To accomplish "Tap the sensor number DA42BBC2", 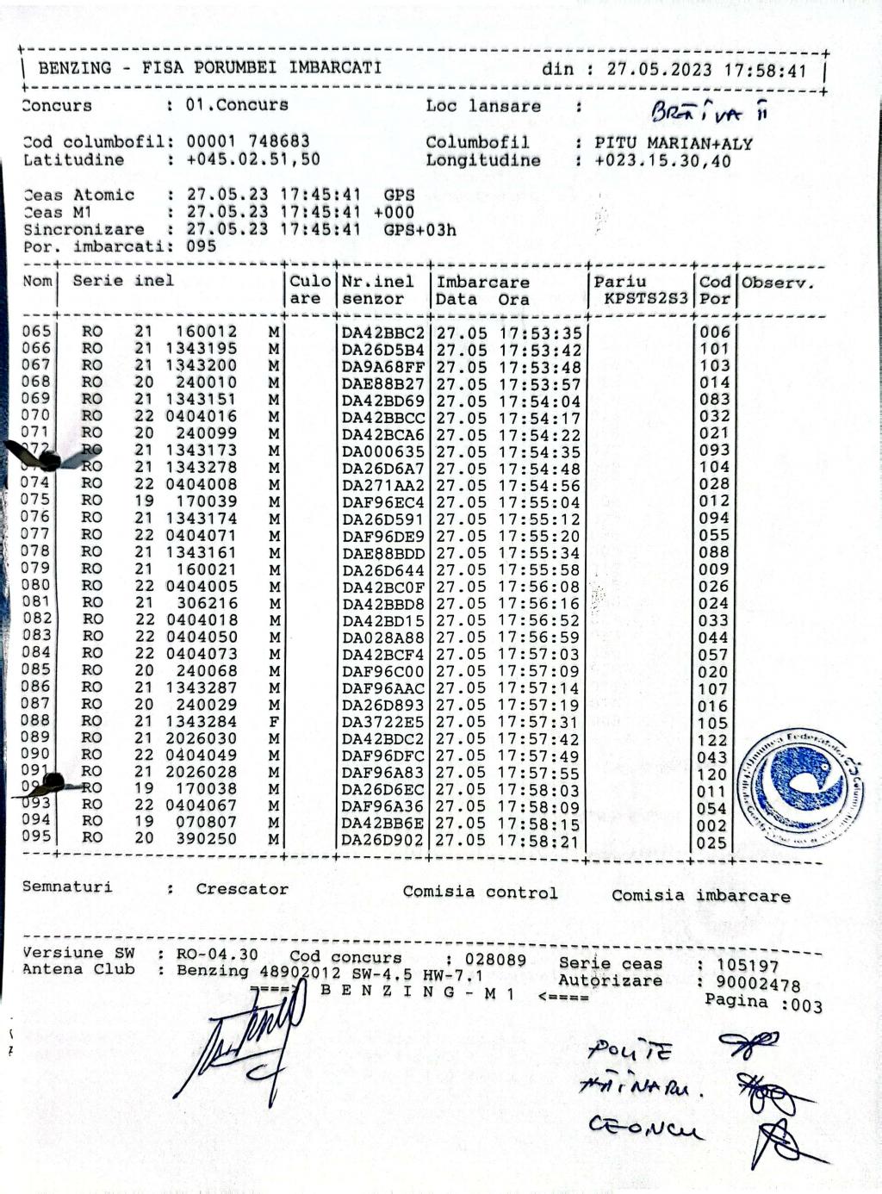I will pos(383,333).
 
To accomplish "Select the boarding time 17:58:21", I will pos(539,841).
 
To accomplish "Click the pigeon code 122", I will pos(713,740).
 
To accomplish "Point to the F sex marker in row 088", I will pos(274,722).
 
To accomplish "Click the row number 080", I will pos(36,585).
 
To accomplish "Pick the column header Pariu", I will pos(619,282).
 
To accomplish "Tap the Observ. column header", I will pos(778,282).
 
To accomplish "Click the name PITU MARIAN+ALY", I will pos(673,143).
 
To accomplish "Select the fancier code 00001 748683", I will pos(248,141).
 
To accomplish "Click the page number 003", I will pos(807,1006).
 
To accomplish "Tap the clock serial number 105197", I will pos(747,967).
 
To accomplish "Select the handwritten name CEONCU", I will pos(645,1126).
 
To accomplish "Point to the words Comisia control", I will pos(480,892).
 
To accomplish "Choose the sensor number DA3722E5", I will pos(383,722).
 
